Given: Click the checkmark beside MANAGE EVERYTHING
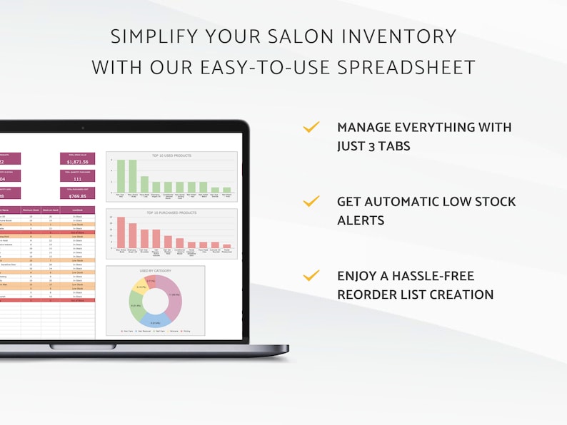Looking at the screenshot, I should tap(311, 128).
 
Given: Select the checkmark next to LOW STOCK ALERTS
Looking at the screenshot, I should tap(311, 202).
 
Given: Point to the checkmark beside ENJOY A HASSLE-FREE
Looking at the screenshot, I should tap(311, 275).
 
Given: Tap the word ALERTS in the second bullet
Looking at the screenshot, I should tap(361, 220).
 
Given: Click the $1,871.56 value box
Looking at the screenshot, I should tap(77, 160).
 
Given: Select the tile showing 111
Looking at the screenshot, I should tap(77, 178).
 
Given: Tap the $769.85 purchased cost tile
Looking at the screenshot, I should tap(77, 195).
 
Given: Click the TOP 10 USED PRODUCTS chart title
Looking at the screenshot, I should tap(171, 155).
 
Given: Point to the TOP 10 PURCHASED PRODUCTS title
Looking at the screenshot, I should tap(171, 212).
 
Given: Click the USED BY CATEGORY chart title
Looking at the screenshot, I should tap(155, 271).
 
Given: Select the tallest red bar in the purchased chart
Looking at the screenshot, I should tap(121, 232).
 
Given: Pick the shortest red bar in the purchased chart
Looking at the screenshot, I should tap(227, 245).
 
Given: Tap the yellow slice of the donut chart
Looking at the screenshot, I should tap(142, 289).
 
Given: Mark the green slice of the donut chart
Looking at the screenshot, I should tap(136, 307).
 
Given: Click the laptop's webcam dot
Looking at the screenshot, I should tap(83, 128).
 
